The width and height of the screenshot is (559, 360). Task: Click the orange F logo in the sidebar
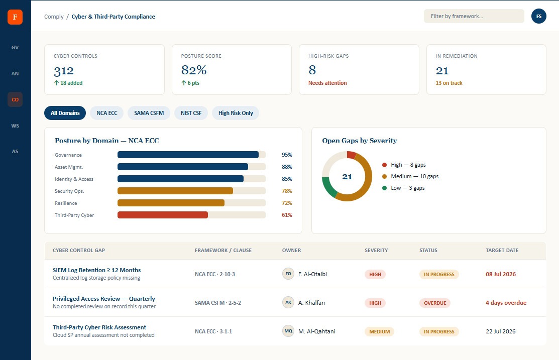(15, 17)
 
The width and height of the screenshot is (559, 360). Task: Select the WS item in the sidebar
(15, 126)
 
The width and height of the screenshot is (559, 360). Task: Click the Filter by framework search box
(474, 16)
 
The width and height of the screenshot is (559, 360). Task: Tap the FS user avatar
(539, 17)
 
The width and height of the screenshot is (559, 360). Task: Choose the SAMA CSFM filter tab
(149, 113)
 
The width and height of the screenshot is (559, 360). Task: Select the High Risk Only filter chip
(236, 113)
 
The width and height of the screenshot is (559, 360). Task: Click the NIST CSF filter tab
(191, 113)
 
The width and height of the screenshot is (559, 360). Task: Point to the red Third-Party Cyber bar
(163, 215)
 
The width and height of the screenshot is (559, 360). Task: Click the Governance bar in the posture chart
(188, 155)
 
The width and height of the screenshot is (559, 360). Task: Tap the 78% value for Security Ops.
(287, 191)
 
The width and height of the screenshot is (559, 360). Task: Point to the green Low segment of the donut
(328, 187)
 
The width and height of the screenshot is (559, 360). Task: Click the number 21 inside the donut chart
(347, 176)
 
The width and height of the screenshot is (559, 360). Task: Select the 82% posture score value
(194, 70)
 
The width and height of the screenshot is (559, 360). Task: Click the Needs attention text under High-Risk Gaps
(327, 83)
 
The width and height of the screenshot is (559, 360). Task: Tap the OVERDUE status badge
(435, 303)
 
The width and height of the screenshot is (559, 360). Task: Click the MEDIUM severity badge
(379, 331)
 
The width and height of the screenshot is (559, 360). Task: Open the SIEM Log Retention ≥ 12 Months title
(96, 270)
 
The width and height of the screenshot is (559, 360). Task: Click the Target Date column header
(502, 250)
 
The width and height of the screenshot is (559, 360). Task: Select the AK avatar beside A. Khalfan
(288, 302)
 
